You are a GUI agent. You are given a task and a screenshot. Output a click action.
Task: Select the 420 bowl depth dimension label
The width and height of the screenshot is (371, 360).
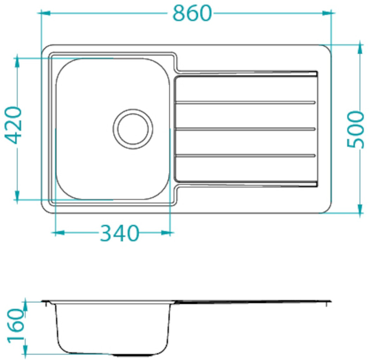tap(13, 125)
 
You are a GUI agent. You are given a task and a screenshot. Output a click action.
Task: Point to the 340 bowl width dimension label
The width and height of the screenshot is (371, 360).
tap(119, 233)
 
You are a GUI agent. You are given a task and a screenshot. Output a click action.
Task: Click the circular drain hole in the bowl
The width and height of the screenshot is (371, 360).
tap(133, 129)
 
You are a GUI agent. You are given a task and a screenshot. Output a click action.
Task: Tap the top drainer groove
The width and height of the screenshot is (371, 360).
tap(245, 102)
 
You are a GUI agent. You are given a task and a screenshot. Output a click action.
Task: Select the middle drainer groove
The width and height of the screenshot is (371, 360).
tap(245, 129)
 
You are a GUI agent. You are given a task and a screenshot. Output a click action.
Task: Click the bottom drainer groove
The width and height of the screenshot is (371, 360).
tap(245, 155)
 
